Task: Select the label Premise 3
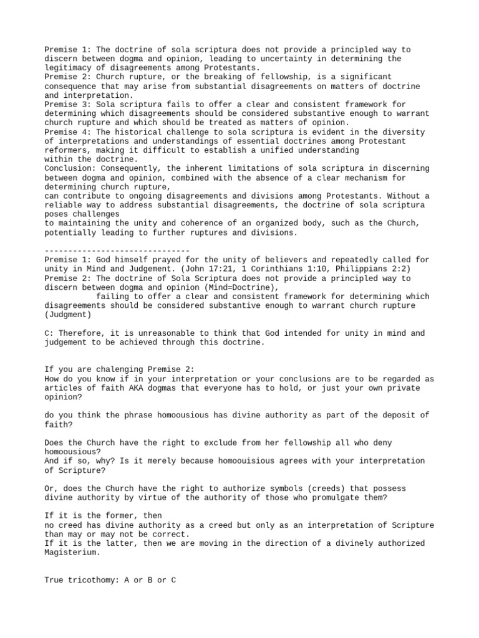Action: click(x=65, y=105)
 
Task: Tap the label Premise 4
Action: click(x=65, y=132)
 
